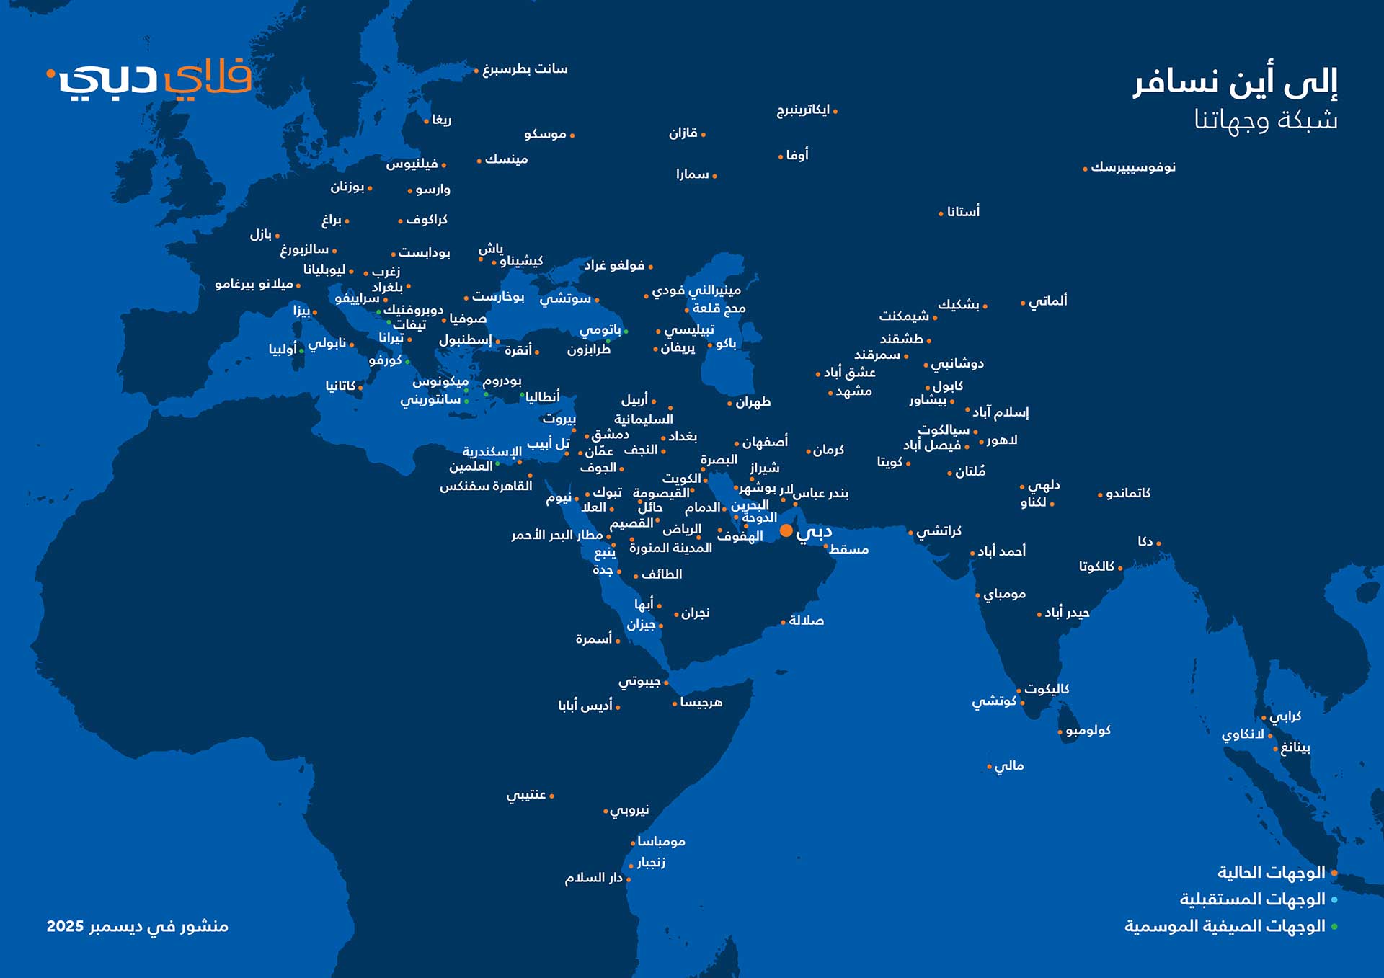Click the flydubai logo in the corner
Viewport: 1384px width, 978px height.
150,78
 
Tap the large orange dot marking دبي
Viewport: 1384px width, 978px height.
786,531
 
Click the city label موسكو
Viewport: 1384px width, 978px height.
545,134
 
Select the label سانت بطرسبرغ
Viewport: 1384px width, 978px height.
525,69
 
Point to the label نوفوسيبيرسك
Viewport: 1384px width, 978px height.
1133,167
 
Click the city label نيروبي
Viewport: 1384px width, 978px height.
629,810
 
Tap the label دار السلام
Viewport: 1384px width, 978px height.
593,878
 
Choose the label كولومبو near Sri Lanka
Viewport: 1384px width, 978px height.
1088,731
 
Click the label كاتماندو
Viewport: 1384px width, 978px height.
1128,494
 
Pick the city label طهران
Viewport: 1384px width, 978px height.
753,402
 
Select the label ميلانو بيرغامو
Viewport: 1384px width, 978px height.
254,285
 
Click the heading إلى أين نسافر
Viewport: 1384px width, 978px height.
1235,82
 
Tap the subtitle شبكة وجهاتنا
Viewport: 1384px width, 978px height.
1266,120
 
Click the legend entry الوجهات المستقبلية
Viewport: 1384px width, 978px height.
1252,899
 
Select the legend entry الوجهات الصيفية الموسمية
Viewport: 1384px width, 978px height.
1225,926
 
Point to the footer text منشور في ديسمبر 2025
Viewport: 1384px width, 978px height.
137,926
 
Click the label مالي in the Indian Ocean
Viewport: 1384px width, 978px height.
1009,766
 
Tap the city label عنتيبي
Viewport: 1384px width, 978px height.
526,795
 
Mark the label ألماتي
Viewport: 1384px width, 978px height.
1048,301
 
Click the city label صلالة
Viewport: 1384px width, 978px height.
807,621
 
